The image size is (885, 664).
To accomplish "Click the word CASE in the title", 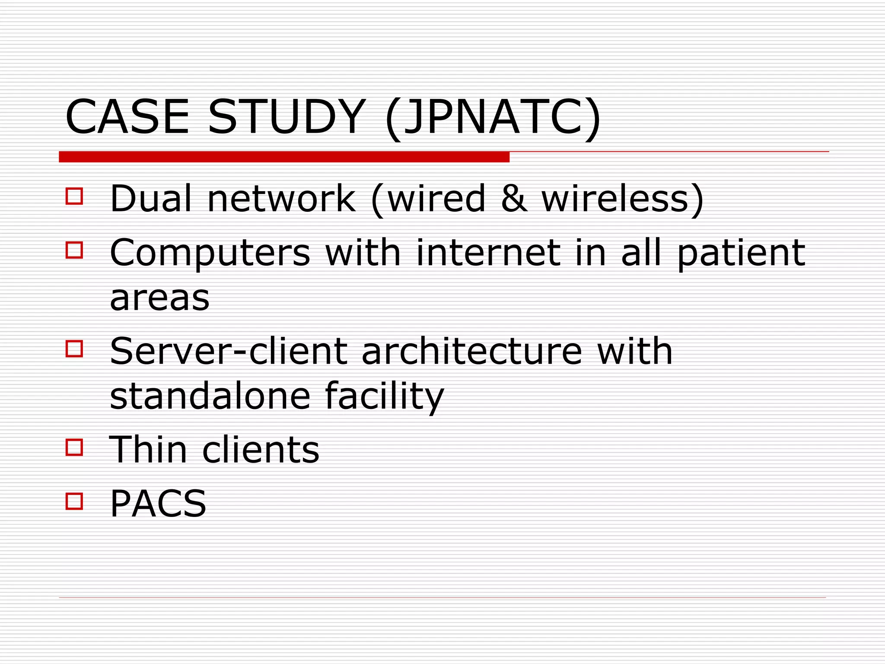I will point(127,117).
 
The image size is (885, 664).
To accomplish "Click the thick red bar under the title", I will point(284,157).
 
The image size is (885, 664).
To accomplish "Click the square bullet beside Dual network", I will point(74,196).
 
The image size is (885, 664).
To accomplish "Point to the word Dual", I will point(151,198).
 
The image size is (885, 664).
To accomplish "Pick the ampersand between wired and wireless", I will point(514,198).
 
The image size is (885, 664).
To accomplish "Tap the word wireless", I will point(615,198).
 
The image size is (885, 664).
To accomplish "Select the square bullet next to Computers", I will point(74,250).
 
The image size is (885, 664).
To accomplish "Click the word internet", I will point(488,252).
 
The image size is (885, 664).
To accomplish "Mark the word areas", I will point(159,298).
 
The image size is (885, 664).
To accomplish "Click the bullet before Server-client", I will point(74,348).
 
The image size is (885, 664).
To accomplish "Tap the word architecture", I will point(471,351).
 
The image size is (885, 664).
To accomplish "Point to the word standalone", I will point(210,396).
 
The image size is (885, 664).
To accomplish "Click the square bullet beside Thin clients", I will point(74,447).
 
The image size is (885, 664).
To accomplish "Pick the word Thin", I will point(148,450).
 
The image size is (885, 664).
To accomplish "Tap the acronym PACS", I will point(158,503).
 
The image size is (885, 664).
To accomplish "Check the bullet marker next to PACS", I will point(74,501).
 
